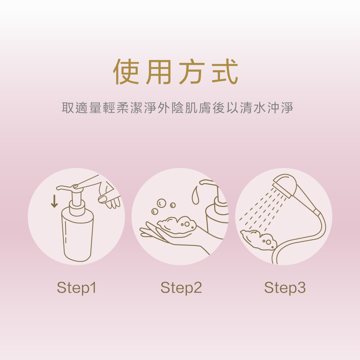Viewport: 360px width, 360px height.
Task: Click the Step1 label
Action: coord(76,288)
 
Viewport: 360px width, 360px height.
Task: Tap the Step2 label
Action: coord(181,288)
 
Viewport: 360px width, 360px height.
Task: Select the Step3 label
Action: coord(285,288)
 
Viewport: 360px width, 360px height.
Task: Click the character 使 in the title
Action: coord(126,72)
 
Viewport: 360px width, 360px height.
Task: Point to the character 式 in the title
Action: coord(225,72)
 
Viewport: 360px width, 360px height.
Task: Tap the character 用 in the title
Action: coord(159,72)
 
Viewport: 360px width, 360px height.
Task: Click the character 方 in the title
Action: coord(192,72)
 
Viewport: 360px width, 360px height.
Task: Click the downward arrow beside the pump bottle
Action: coord(54,201)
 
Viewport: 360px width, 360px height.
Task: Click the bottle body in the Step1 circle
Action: coord(77,234)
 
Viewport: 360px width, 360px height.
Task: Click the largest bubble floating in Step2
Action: coord(161,203)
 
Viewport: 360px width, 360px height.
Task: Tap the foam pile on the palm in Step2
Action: coord(176,225)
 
